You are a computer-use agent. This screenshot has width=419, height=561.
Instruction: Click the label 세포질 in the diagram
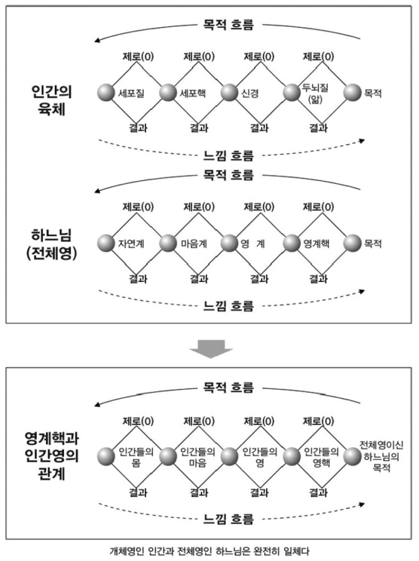pyautogui.click(x=131, y=93)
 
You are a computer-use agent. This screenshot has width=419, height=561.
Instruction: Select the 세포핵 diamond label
pyautogui.click(x=193, y=93)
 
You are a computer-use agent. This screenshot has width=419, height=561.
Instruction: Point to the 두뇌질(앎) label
pyautogui.click(x=315, y=93)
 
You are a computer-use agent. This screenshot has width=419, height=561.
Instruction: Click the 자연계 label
pyautogui.click(x=131, y=244)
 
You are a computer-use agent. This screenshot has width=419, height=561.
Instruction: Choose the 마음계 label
pyautogui.click(x=193, y=244)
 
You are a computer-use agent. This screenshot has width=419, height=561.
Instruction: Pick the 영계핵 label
pyautogui.click(x=317, y=244)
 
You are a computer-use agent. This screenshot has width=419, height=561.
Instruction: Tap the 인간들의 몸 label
pyautogui.click(x=136, y=457)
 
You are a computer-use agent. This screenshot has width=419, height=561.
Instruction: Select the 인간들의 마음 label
pyautogui.click(x=198, y=457)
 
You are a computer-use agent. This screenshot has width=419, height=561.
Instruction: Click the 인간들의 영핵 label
pyautogui.click(x=322, y=457)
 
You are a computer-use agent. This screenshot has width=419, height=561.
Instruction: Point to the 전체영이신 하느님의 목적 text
pyautogui.click(x=381, y=456)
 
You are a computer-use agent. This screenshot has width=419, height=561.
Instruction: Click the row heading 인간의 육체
pyautogui.click(x=52, y=101)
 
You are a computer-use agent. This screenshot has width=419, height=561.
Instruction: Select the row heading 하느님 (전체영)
pyautogui.click(x=52, y=244)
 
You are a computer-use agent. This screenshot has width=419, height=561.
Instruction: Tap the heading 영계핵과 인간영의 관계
pyautogui.click(x=52, y=456)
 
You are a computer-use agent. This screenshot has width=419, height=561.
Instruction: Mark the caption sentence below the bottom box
pyautogui.click(x=209, y=551)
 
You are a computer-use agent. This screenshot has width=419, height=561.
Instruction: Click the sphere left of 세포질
pyautogui.click(x=106, y=93)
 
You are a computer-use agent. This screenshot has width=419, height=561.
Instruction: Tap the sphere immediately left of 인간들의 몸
pyautogui.click(x=106, y=456)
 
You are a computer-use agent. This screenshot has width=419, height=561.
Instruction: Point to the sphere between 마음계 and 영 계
pyautogui.click(x=229, y=243)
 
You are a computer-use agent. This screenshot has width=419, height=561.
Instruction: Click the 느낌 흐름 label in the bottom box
pyautogui.click(x=228, y=519)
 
